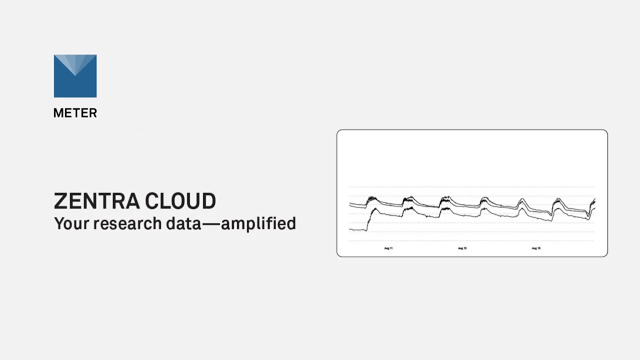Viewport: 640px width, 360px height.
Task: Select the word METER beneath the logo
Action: tap(75, 113)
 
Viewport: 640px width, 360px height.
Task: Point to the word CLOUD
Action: tap(181, 201)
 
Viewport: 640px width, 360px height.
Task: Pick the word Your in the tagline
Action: tap(71, 223)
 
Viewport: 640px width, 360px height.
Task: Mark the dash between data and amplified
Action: tap(210, 223)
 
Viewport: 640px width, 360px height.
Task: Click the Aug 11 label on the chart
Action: tap(388, 248)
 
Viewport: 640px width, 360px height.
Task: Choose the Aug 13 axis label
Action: tap(462, 248)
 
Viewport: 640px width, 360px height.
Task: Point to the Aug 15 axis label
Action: tap(536, 248)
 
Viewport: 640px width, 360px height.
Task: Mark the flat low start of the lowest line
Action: tap(357, 229)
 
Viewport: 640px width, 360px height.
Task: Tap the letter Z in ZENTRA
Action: tap(60, 201)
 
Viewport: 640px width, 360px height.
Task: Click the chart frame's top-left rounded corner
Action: tap(339, 132)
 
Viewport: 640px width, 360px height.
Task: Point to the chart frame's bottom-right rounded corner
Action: tap(605, 254)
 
